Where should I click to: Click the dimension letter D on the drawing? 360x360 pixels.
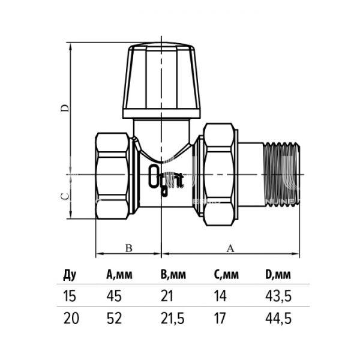click(67, 108)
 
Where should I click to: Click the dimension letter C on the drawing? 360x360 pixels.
click(67, 196)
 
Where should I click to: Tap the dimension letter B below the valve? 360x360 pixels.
click(128, 247)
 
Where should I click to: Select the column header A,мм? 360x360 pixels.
click(119, 276)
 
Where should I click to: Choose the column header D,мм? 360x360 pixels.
click(278, 276)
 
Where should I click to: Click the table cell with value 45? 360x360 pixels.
click(114, 296)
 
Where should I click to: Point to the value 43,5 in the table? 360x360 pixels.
click(278, 296)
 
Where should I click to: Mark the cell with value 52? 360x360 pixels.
click(114, 319)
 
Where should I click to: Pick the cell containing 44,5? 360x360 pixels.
click(278, 319)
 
